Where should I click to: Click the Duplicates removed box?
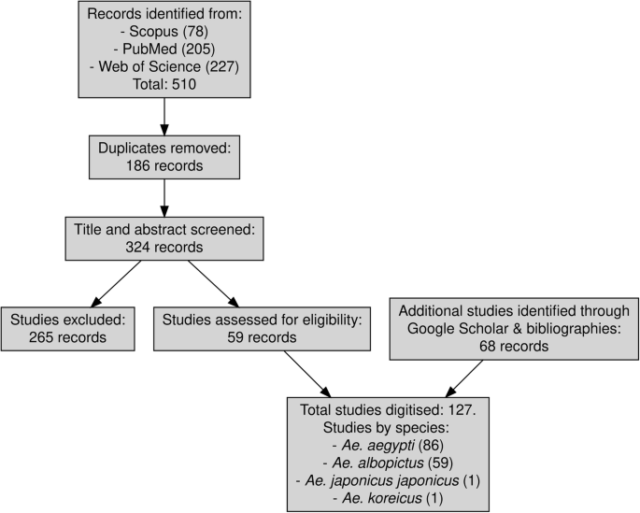(164, 155)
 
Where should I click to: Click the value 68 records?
(513, 346)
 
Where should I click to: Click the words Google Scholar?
(453, 328)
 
